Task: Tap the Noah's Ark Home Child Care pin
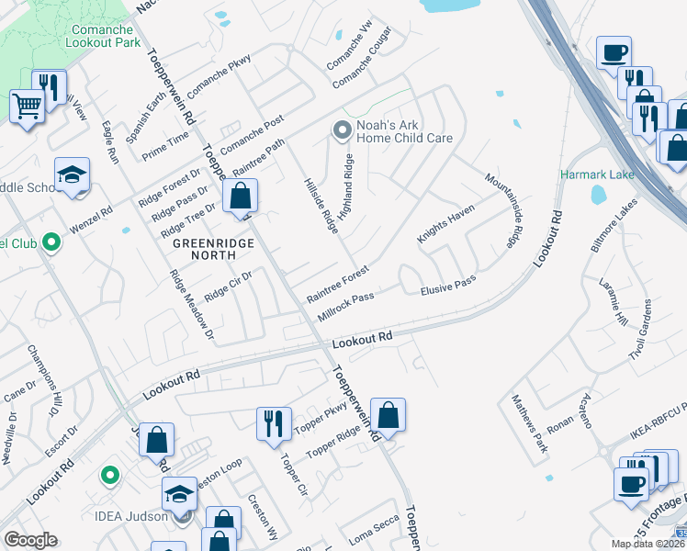coord(342,130)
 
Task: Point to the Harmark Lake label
coord(593,174)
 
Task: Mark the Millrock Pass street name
coord(345,308)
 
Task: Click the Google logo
coord(30,540)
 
